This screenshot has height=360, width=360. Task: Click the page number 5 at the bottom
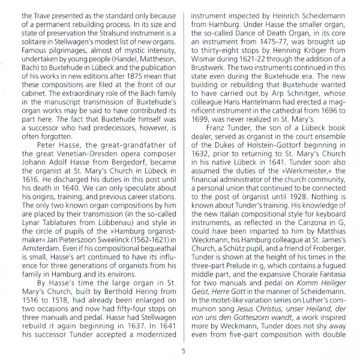pyautogui.click(x=183, y=352)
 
